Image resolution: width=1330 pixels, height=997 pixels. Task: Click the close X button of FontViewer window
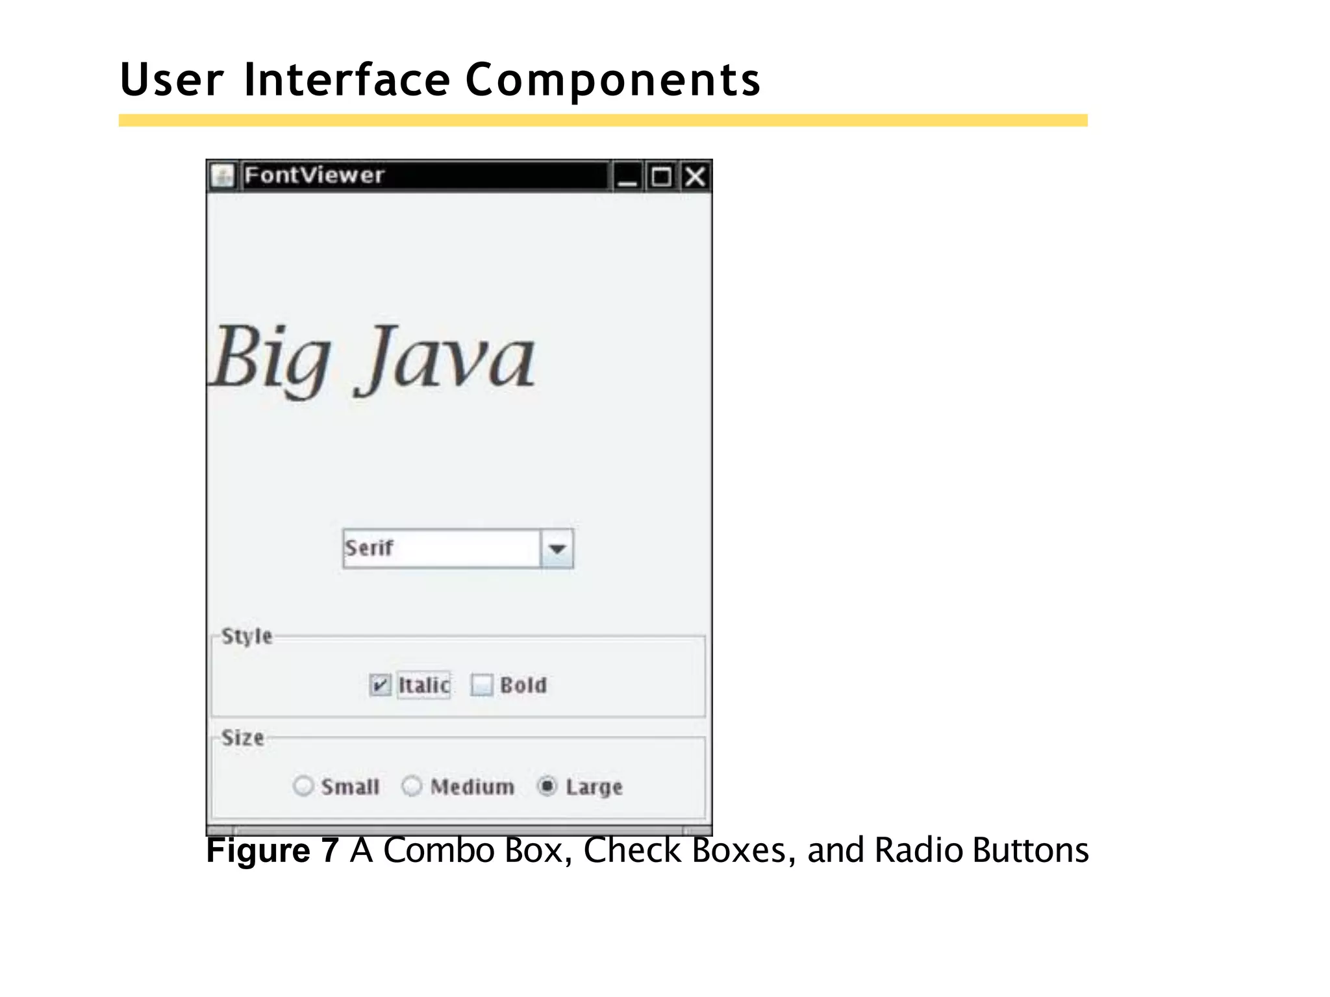(695, 177)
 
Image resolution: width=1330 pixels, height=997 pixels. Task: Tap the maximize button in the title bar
(661, 177)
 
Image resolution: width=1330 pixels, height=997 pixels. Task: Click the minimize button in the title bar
(627, 177)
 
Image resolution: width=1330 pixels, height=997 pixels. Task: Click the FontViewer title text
(314, 175)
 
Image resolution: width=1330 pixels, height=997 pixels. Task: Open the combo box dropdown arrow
(557, 549)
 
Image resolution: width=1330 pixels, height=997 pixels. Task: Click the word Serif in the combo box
(369, 548)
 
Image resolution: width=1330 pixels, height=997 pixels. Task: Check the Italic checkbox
(380, 685)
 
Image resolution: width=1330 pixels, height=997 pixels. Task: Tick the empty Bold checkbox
(481, 685)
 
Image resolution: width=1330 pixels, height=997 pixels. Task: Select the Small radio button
(303, 786)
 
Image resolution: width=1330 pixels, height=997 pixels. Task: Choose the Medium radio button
(412, 786)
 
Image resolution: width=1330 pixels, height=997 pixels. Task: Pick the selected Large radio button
(547, 786)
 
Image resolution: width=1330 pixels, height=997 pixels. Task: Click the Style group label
(247, 636)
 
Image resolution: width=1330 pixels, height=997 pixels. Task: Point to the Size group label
(243, 738)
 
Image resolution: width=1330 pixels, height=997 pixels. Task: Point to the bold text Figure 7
(272, 850)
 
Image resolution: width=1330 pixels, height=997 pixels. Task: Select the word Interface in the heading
(347, 80)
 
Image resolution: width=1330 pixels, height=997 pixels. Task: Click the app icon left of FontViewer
(223, 176)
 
